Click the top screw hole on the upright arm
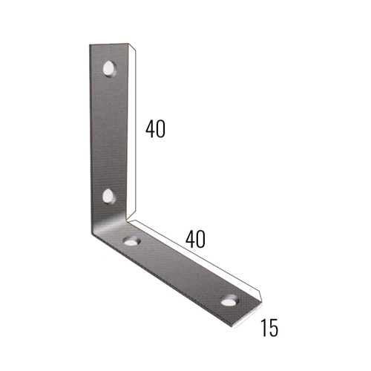coord(111,68)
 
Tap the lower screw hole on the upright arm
coord(110,197)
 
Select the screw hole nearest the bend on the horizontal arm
coord(131,240)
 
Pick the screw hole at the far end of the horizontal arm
coord(230,301)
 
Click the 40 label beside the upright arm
coord(155,129)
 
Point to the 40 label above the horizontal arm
coord(195,239)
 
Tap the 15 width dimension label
coord(269,328)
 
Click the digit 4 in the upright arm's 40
coord(150,129)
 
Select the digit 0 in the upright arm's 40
coord(160,129)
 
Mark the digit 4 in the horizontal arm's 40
coord(190,239)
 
